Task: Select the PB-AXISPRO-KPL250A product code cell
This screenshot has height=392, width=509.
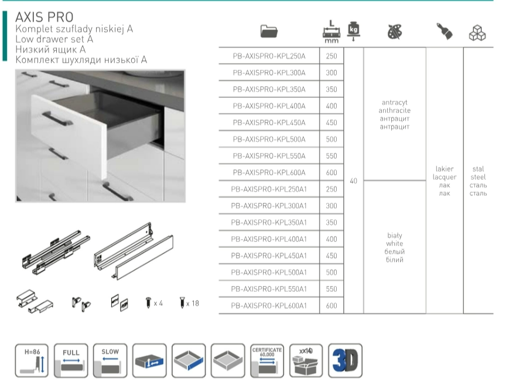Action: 269,56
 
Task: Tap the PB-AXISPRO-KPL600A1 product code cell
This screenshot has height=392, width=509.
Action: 269,305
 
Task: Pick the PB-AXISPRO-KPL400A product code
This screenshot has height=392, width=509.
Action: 269,106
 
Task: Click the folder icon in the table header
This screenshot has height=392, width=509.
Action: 269,32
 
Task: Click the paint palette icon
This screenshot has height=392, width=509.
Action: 395,32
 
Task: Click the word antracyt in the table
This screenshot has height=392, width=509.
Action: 394,103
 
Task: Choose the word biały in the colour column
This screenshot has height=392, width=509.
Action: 394,236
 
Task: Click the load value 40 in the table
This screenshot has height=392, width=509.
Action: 353,181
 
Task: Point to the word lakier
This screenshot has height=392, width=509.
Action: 445,169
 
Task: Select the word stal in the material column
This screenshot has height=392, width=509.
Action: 478,169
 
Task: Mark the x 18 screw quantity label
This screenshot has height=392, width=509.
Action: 192,303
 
